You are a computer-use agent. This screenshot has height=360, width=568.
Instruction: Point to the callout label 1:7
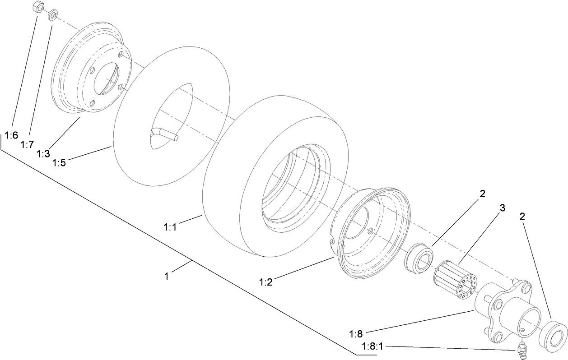pyautogui.click(x=27, y=144)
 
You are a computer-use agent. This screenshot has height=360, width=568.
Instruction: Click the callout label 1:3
pyautogui.click(x=43, y=154)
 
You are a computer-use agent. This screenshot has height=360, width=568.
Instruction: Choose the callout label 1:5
pyautogui.click(x=59, y=162)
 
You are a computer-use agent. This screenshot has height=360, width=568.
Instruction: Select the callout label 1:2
pyautogui.click(x=266, y=282)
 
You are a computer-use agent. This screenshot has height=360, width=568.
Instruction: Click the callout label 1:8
pyautogui.click(x=356, y=334)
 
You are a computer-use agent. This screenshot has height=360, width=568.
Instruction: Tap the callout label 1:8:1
pyautogui.click(x=372, y=346)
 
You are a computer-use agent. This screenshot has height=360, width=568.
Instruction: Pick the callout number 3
pyautogui.click(x=502, y=208)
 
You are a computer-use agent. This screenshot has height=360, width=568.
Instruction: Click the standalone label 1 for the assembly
pyautogui.click(x=167, y=276)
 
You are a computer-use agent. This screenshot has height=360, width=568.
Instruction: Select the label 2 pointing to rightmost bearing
pyautogui.click(x=522, y=217)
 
